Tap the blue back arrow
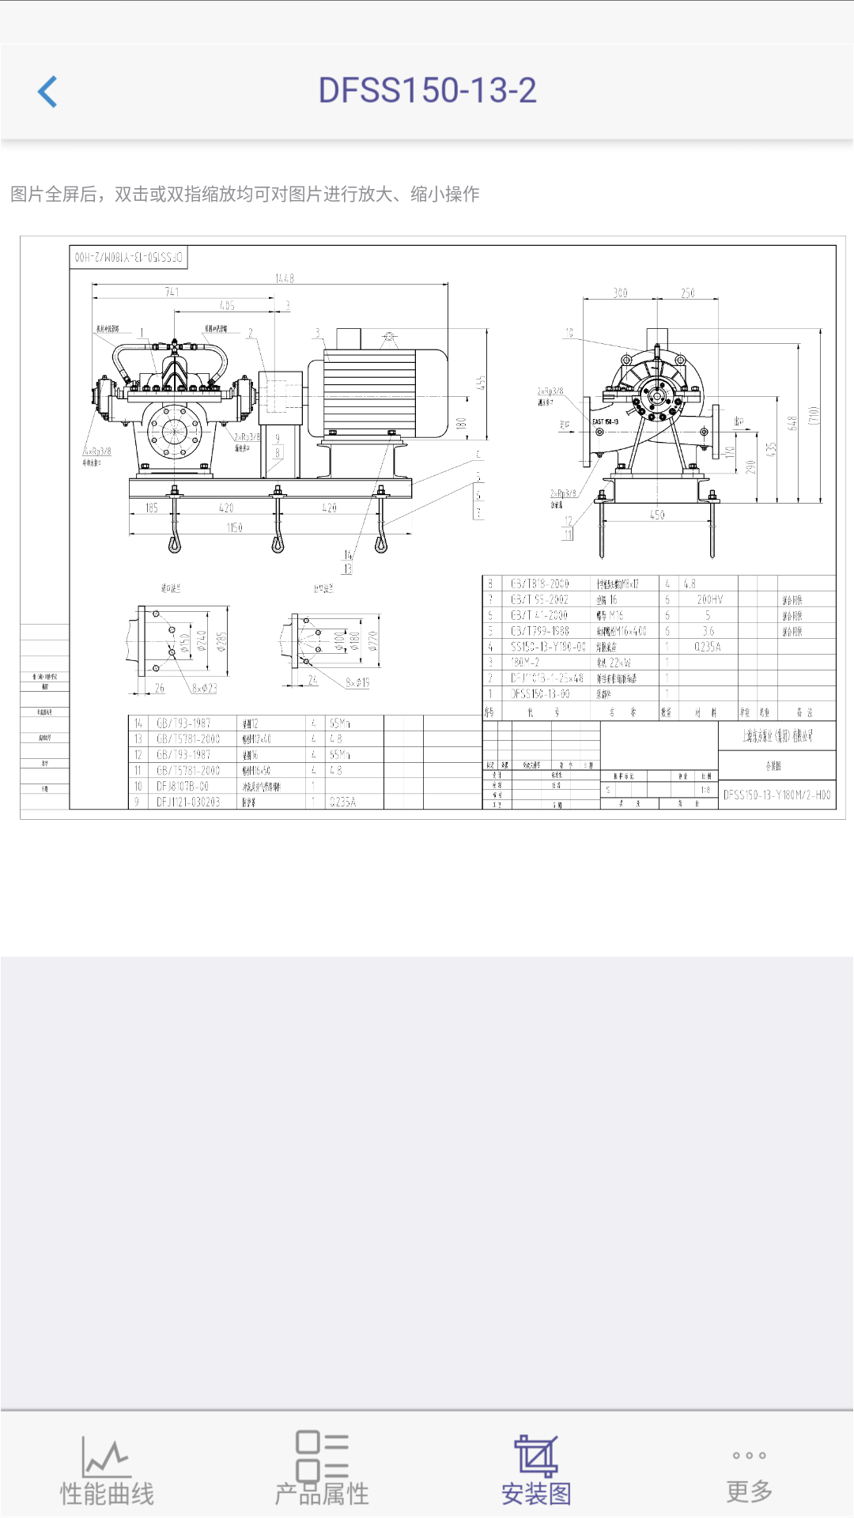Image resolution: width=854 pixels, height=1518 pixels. [48, 92]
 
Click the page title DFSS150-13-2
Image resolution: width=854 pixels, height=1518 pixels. [427, 91]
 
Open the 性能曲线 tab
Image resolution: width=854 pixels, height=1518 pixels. [107, 1471]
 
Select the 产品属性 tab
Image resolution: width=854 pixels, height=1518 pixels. [322, 1471]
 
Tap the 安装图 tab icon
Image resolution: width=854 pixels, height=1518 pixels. [536, 1456]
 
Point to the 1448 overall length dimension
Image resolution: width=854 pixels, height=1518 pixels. [285, 278]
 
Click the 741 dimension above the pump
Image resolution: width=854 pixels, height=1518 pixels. [172, 292]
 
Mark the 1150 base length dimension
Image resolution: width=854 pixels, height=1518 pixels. [235, 527]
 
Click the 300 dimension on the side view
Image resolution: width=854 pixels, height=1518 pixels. [620, 293]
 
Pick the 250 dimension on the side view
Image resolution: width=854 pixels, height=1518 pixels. [688, 293]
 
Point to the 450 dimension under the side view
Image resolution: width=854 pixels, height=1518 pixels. [657, 515]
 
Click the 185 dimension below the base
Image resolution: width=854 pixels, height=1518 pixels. [152, 508]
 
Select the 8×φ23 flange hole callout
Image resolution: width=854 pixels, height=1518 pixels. [204, 689]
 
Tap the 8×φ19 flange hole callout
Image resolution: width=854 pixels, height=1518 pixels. [357, 682]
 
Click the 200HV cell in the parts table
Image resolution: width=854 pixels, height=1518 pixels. [709, 599]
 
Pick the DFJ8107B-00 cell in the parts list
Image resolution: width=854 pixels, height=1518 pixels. [183, 786]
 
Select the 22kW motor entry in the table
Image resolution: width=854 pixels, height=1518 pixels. [614, 663]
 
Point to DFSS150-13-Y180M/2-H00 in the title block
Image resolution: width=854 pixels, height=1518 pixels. [777, 795]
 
